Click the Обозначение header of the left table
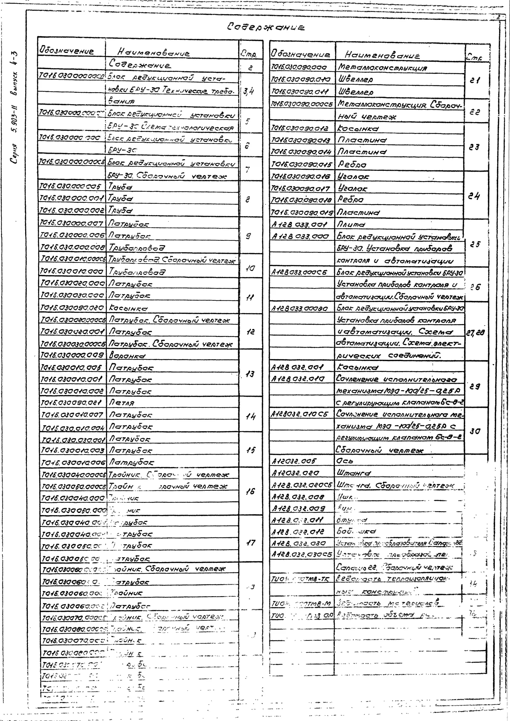click(x=67, y=51)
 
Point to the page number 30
click(x=475, y=431)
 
